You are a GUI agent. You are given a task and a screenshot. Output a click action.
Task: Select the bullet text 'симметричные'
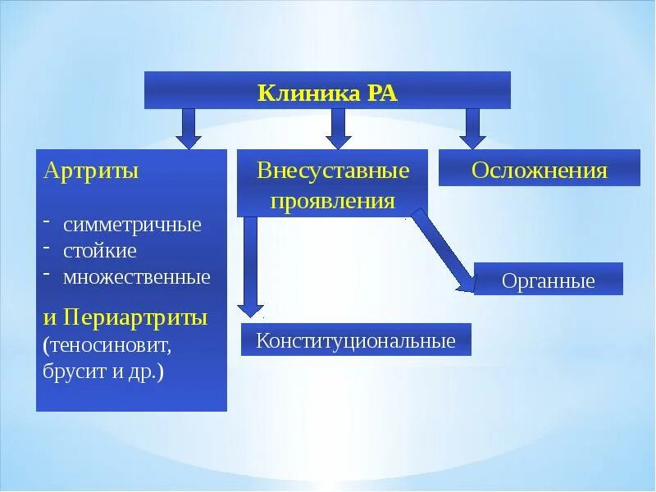point(132,225)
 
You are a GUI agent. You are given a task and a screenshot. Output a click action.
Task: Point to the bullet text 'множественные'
point(137,276)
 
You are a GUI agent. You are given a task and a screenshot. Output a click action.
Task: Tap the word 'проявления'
point(332,201)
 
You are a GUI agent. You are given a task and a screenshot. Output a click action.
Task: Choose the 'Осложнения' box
point(540,171)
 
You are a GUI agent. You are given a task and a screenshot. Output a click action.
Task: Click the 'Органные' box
point(549,281)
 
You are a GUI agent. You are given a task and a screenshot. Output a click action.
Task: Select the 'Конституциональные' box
point(356,340)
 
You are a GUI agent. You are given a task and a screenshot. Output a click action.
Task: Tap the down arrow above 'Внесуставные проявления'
point(337,128)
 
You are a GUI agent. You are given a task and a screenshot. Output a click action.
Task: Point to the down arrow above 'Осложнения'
point(471,128)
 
